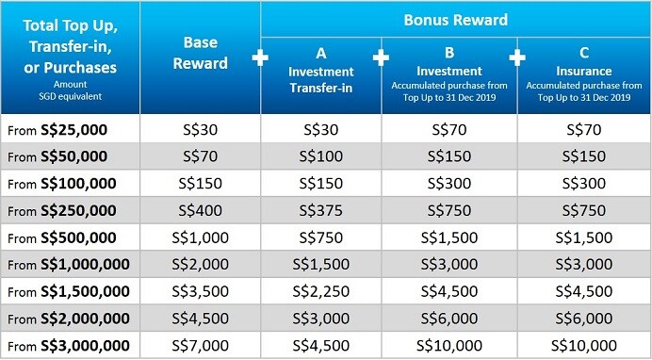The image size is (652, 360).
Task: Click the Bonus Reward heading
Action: pos(455,19)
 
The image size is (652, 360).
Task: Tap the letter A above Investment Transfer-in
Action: pos(321,54)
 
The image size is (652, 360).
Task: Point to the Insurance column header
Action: pos(584,71)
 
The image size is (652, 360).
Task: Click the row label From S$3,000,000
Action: pos(68,343)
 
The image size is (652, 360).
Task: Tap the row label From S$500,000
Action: pos(62,237)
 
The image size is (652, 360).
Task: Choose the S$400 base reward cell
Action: pos(201,210)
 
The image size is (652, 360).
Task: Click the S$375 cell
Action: pos(321,210)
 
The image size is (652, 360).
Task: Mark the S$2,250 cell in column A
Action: pos(321,290)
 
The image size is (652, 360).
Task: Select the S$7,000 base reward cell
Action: pos(201,343)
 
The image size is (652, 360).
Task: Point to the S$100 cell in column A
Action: pos(321,156)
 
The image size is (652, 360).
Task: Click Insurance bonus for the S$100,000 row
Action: pos(584,183)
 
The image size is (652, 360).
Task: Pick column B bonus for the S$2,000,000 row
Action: pos(449,317)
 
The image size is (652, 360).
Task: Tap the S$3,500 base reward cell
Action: pos(201,290)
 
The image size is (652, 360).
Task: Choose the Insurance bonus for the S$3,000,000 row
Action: pos(584,343)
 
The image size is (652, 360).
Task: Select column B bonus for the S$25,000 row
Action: pos(449,130)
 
